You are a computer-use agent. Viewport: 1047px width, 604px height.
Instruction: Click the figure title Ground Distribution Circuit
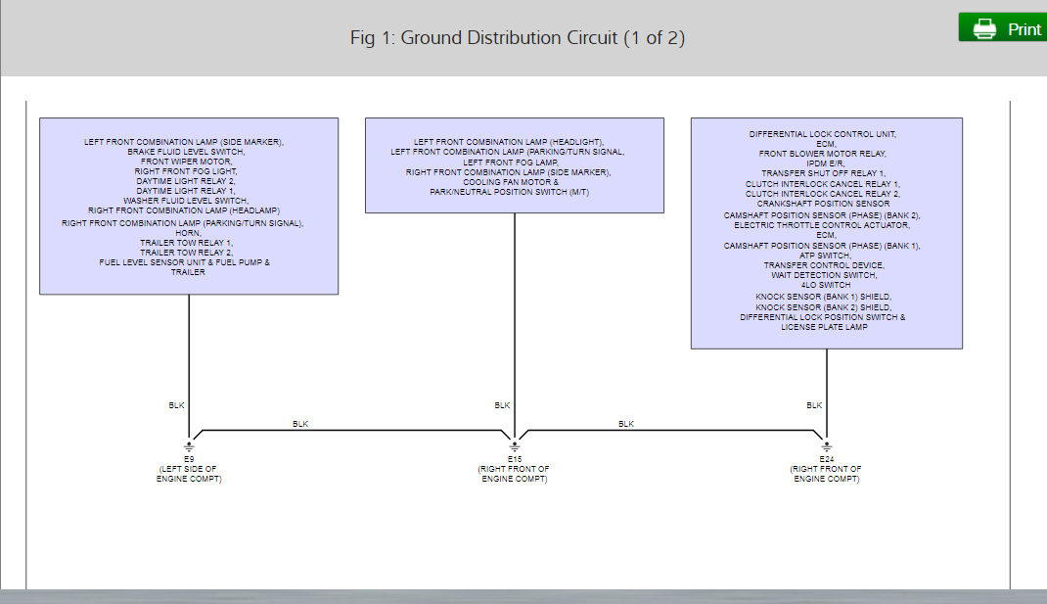pyautogui.click(x=518, y=38)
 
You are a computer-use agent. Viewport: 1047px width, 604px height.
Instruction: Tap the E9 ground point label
pyautogui.click(x=189, y=458)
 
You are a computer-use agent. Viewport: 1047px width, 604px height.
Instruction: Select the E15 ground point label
pyautogui.click(x=514, y=458)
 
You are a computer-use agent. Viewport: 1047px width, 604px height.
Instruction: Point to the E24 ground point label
pyautogui.click(x=826, y=458)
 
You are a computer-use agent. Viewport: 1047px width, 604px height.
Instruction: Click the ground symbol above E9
pyautogui.click(x=189, y=445)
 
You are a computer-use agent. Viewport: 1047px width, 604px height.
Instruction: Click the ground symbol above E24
pyautogui.click(x=826, y=445)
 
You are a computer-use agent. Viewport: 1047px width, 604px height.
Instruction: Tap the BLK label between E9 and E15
pyautogui.click(x=300, y=424)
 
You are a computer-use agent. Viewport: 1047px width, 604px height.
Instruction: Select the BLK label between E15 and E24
pyautogui.click(x=626, y=424)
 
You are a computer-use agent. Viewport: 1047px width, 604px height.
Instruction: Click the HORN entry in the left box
pyautogui.click(x=188, y=233)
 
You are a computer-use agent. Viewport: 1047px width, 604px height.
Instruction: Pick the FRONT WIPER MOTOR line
pyautogui.click(x=188, y=162)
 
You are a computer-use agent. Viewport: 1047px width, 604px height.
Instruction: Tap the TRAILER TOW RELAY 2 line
pyautogui.click(x=188, y=253)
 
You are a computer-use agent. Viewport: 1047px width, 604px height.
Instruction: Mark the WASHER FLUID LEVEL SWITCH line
pyautogui.click(x=188, y=201)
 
